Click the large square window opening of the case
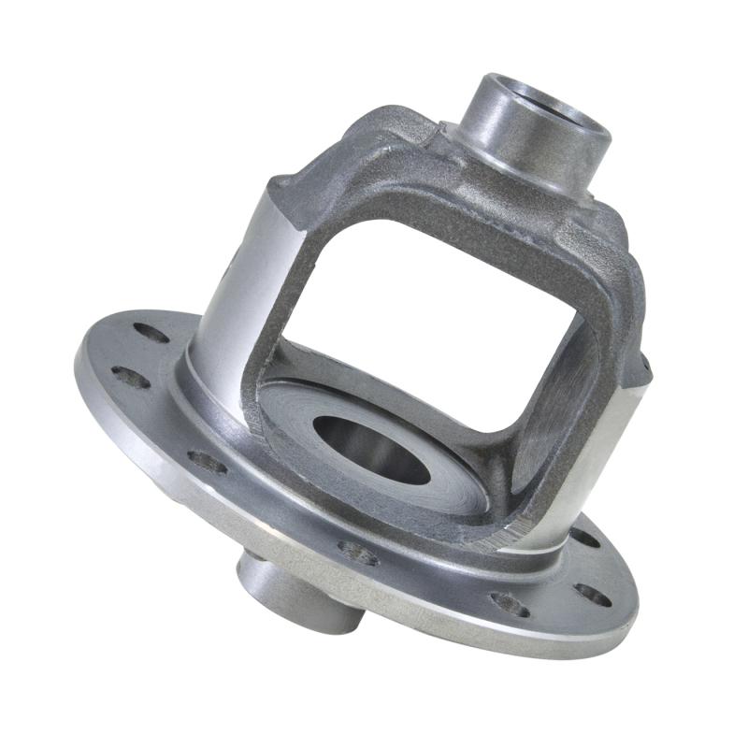tap(421, 280)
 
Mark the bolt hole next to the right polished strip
tap(584, 538)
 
